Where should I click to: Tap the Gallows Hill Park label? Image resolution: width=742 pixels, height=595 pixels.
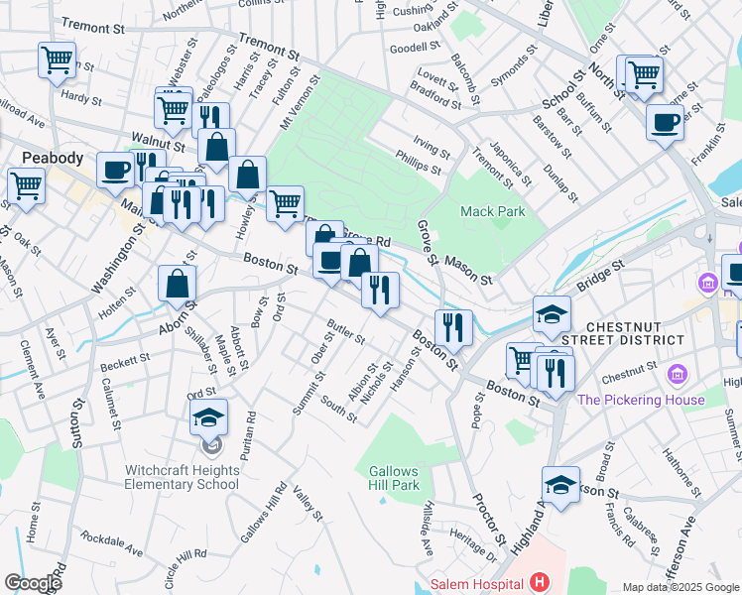pos(394,478)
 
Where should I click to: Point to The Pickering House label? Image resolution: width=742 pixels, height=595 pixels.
pos(641,401)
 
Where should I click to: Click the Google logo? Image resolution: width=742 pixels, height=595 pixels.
pos(33,582)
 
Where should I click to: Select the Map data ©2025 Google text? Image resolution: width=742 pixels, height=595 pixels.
pos(680,587)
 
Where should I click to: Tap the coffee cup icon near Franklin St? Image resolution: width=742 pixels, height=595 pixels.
pos(665,122)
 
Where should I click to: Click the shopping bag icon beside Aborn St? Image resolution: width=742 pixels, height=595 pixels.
pos(177,285)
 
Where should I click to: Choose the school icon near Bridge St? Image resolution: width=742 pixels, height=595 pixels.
pos(552,314)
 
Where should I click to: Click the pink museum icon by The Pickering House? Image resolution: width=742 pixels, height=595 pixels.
pos(679,375)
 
